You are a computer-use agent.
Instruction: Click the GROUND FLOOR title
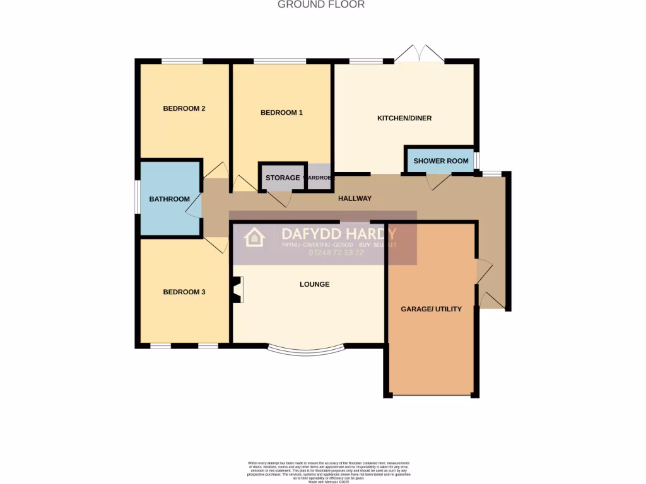click(321, 4)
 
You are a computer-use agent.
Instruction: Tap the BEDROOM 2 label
click(184, 108)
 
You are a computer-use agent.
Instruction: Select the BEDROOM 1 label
click(281, 113)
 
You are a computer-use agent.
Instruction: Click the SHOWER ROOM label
click(441, 161)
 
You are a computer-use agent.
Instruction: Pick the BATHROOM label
click(169, 199)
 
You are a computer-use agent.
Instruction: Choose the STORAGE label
click(282, 178)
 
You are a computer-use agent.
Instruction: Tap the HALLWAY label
click(355, 199)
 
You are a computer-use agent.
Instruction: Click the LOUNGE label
click(314, 284)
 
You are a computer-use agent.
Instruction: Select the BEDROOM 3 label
click(184, 292)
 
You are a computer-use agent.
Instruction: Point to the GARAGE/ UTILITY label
click(432, 309)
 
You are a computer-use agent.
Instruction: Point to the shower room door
click(438, 181)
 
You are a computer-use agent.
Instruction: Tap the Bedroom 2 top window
click(182, 61)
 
